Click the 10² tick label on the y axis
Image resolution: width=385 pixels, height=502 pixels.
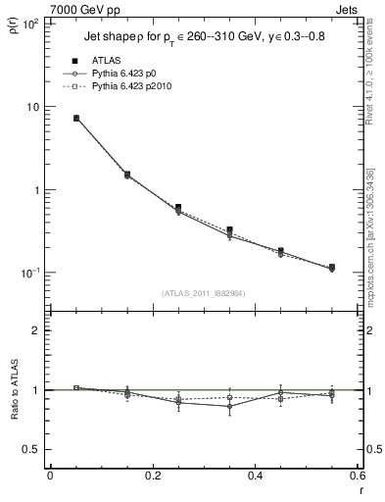coord(29,24)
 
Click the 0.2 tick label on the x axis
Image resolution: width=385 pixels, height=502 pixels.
coord(152,476)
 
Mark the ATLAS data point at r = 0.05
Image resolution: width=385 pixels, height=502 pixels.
coord(75,118)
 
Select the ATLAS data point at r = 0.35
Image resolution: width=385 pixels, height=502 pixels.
coord(229,230)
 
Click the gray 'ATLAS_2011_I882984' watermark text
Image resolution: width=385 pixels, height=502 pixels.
coord(203,292)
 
